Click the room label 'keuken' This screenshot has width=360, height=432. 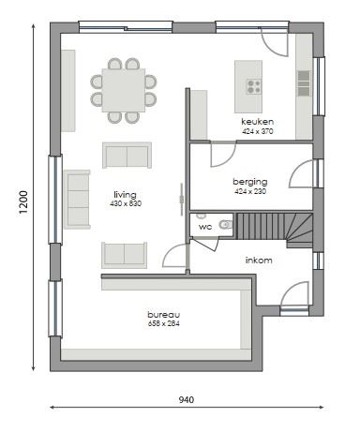point(256,123)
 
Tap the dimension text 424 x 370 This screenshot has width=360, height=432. point(256,132)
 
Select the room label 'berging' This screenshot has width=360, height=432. point(250,182)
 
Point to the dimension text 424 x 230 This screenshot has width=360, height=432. point(250,191)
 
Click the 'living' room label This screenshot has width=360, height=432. point(125,195)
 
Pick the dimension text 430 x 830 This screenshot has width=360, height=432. point(125,203)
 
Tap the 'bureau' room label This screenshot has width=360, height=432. point(163,314)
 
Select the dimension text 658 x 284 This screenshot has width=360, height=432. point(163,323)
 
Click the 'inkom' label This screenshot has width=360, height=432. point(259,260)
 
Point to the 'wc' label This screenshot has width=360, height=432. point(204,226)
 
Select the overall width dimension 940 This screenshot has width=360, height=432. point(186,400)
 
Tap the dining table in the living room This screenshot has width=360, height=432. point(123,90)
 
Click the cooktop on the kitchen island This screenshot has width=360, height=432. point(254,86)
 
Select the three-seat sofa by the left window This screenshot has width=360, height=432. point(78,199)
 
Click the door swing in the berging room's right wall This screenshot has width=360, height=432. point(302,175)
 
